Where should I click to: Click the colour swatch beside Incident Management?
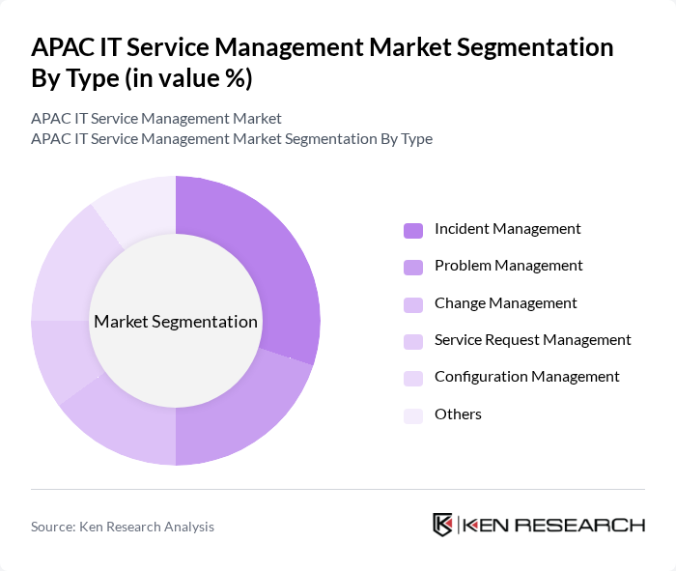[413, 230]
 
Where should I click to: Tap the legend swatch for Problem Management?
[413, 267]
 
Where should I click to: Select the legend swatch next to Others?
[413, 415]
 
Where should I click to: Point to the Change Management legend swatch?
[413, 304]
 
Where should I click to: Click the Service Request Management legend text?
[532, 340]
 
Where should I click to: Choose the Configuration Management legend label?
[526, 377]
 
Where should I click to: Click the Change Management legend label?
[505, 303]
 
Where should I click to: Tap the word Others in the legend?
[458, 414]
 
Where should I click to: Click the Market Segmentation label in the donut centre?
[176, 322]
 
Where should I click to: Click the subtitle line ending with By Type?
[232, 139]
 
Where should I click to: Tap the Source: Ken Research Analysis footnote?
[123, 527]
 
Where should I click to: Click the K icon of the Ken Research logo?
[443, 525]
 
